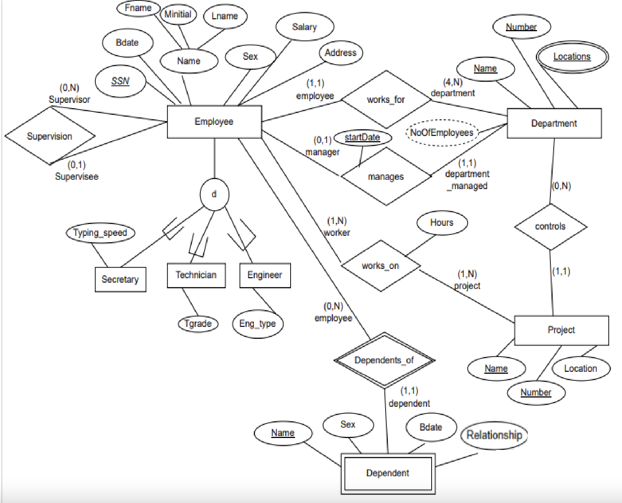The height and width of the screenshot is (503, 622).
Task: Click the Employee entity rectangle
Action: pos(214,121)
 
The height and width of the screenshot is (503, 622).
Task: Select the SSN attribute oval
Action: pos(120,81)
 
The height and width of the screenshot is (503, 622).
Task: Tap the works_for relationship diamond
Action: pos(386,100)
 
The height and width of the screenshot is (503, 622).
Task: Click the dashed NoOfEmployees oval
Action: pos(441,133)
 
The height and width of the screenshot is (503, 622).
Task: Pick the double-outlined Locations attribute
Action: pos(572,56)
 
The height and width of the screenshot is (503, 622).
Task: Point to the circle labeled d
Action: pos(214,194)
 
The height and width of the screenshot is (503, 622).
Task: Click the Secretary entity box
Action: pos(120,279)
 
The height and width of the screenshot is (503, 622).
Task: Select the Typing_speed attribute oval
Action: pos(100,233)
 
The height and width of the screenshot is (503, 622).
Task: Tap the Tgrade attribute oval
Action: pos(198,324)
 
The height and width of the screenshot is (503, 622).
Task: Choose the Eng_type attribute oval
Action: pos(258,324)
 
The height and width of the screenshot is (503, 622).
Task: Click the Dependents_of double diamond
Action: pos(384,360)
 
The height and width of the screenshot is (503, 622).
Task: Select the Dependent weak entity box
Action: pos(388,473)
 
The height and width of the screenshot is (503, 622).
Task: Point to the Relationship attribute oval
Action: pos(494,435)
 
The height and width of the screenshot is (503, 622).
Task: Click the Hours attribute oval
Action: pos(442,223)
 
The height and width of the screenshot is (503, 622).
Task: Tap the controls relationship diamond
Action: pos(550,226)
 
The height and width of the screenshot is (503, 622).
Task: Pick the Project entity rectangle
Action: pos(561,330)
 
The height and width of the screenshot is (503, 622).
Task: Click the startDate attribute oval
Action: pos(362,137)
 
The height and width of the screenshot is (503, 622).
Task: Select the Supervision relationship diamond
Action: pos(50,136)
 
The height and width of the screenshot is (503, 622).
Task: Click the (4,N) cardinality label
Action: pos(453,82)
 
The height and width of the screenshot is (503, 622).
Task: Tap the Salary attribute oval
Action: pos(304,27)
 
